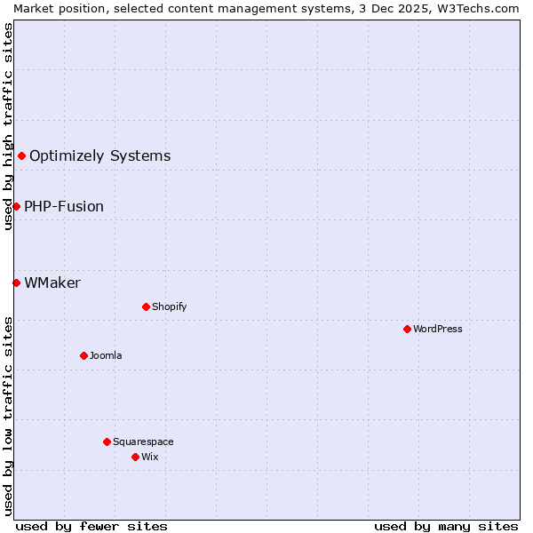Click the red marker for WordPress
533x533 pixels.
(407, 329)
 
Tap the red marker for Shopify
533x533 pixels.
(146, 306)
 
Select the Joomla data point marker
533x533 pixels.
(84, 355)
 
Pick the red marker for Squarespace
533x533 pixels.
(107, 442)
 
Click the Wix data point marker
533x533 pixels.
(135, 457)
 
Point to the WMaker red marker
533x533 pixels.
(16, 282)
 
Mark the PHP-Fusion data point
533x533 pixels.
(16, 206)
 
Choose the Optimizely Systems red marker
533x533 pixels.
(21, 156)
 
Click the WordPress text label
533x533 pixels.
(438, 329)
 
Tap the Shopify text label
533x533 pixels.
(169, 306)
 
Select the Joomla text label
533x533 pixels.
(106, 355)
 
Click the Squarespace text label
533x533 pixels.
(143, 442)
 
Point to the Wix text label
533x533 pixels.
(149, 457)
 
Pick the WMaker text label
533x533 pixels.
(52, 283)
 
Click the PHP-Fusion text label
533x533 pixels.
(64, 207)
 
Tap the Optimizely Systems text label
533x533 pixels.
(99, 156)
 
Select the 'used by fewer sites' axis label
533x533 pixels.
(91, 526)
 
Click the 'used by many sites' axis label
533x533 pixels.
(446, 526)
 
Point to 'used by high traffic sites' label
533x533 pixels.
(8, 126)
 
